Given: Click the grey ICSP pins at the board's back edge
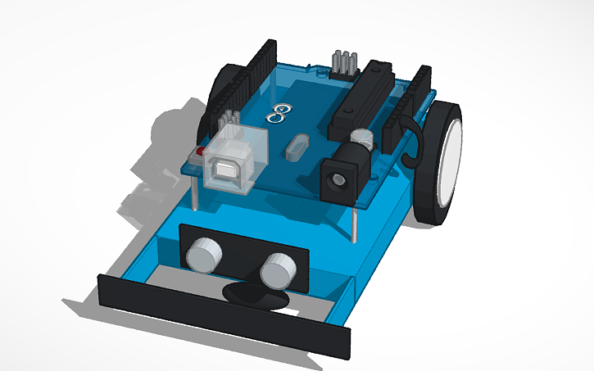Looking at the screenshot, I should [x=343, y=65].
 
